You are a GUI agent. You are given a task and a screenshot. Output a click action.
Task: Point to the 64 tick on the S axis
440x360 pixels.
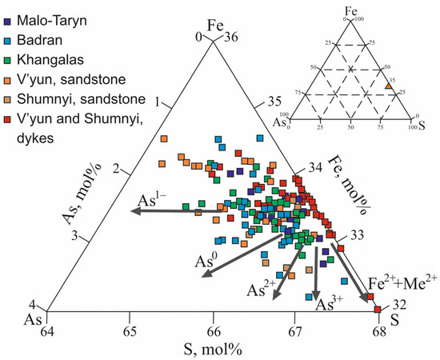(x=48, y=329)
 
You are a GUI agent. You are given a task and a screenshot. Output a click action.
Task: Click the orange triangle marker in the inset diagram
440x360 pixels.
(x=387, y=85)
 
